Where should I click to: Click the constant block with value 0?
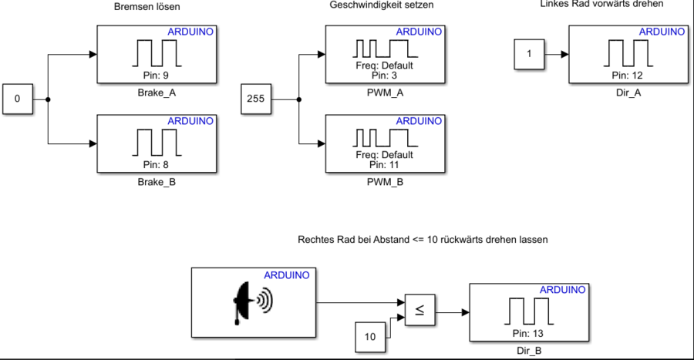tap(18, 99)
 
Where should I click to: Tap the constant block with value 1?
tap(529, 55)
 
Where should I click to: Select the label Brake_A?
tap(156, 92)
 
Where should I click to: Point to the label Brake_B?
tap(156, 183)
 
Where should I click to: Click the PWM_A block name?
tap(384, 92)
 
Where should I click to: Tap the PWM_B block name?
tap(384, 183)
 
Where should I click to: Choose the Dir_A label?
tap(628, 92)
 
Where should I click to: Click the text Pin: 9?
tap(156, 75)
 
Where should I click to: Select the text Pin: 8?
tap(156, 164)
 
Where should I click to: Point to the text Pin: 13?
tap(527, 333)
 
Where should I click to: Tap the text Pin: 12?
tap(628, 75)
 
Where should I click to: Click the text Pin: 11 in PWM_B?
tap(384, 164)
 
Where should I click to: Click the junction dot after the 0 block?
tap(49, 99)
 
